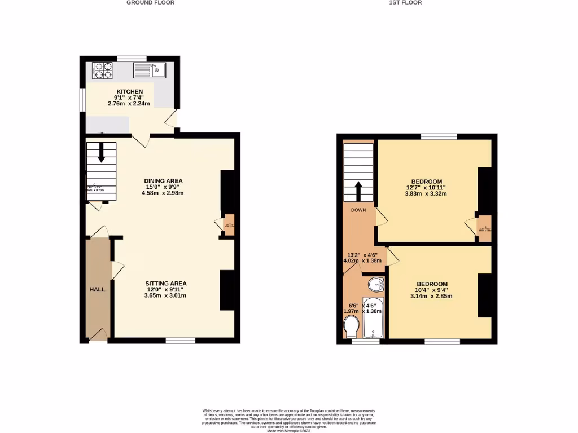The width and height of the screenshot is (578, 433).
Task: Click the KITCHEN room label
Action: click(x=130, y=91)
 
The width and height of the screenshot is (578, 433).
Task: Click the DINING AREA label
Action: click(x=163, y=181)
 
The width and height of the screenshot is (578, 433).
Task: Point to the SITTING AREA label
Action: click(x=166, y=283)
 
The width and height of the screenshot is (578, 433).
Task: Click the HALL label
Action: click(x=97, y=289)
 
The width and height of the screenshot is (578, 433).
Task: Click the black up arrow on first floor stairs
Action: click(x=358, y=192)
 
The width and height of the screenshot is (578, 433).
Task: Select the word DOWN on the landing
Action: click(x=358, y=210)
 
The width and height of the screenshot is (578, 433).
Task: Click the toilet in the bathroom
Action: click(x=351, y=326)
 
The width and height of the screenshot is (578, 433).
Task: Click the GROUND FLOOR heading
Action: click(x=150, y=3)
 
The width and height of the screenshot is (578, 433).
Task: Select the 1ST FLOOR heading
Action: click(x=405, y=3)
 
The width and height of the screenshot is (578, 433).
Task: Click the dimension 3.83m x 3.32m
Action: click(x=426, y=194)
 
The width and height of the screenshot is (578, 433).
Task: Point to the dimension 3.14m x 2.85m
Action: click(x=432, y=296)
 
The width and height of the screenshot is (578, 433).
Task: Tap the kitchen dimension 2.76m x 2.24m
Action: click(x=130, y=104)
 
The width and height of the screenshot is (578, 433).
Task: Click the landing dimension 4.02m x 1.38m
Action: click(x=362, y=260)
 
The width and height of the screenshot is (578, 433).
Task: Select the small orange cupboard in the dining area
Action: click(x=229, y=224)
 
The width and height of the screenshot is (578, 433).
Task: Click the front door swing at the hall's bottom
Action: click(x=98, y=334)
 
